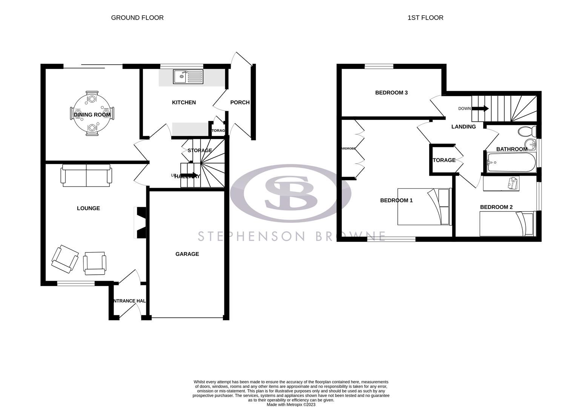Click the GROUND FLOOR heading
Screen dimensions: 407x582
click(x=137, y=18)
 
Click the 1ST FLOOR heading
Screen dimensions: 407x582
click(x=425, y=18)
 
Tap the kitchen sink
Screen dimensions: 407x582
click(x=188, y=77)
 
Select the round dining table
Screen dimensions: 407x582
click(x=92, y=113)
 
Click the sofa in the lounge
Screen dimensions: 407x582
click(x=87, y=176)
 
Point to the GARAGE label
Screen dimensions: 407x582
click(x=187, y=254)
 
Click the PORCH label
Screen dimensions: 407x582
click(x=240, y=102)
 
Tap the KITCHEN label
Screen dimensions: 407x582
click(x=184, y=103)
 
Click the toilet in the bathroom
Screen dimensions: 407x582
click(x=527, y=132)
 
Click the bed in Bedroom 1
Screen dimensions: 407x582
click(x=424, y=207)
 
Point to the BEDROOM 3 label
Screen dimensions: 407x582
click(x=391, y=93)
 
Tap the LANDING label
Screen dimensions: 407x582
click(x=464, y=127)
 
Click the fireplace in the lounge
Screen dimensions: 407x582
click(x=141, y=222)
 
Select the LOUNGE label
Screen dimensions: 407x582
click(x=88, y=208)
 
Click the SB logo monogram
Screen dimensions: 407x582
click(x=291, y=193)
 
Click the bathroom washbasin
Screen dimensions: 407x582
click(x=531, y=144)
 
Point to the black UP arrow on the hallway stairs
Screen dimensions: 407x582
click(x=192, y=175)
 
